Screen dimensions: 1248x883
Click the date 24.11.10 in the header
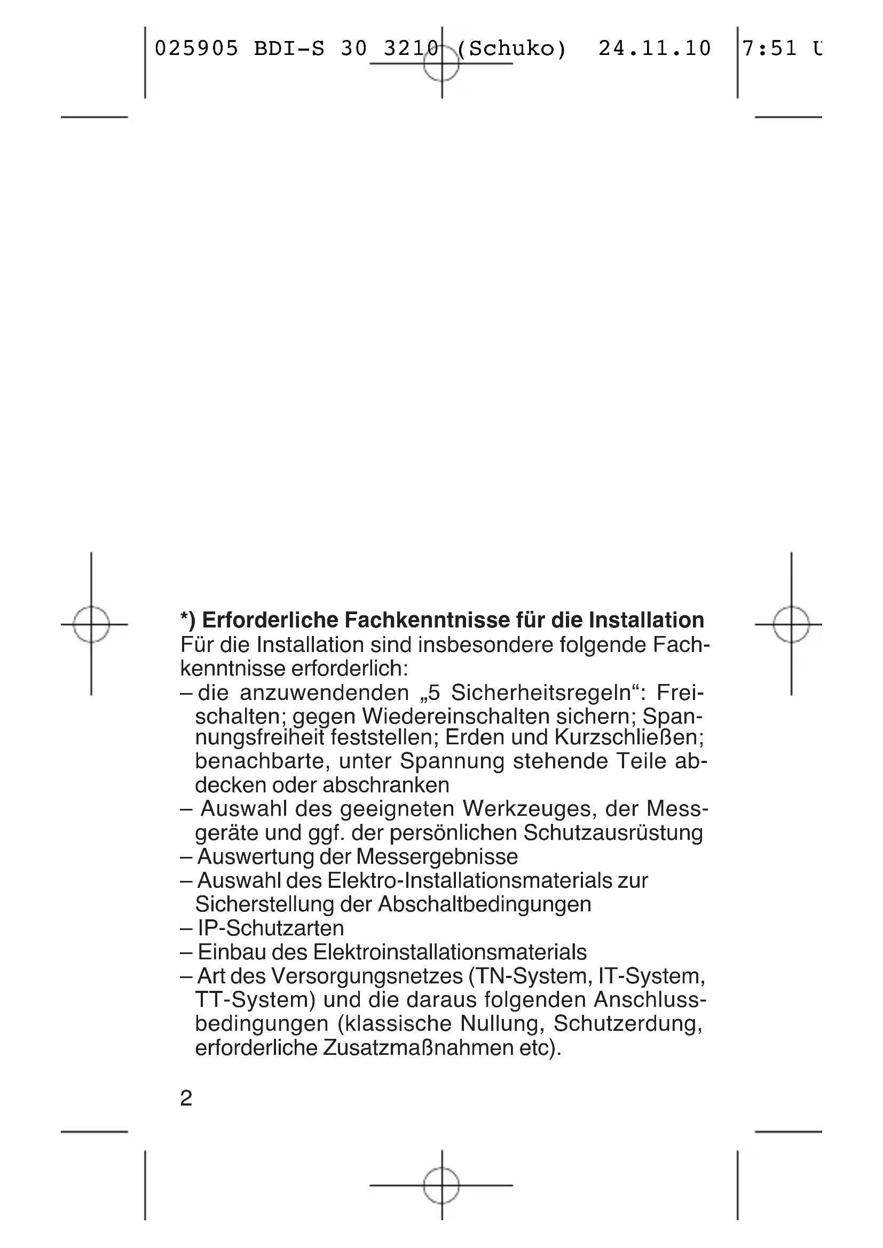(x=655, y=49)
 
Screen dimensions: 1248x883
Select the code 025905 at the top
(x=196, y=49)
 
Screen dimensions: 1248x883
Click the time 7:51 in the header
(x=769, y=49)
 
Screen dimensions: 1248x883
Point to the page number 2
(x=186, y=1099)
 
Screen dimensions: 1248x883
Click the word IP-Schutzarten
(x=271, y=928)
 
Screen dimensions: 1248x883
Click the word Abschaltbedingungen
(x=484, y=904)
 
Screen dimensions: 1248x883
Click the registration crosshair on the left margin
(x=91, y=625)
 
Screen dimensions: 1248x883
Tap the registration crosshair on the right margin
(x=791, y=625)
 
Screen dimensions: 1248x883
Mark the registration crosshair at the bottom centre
(x=441, y=1185)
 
